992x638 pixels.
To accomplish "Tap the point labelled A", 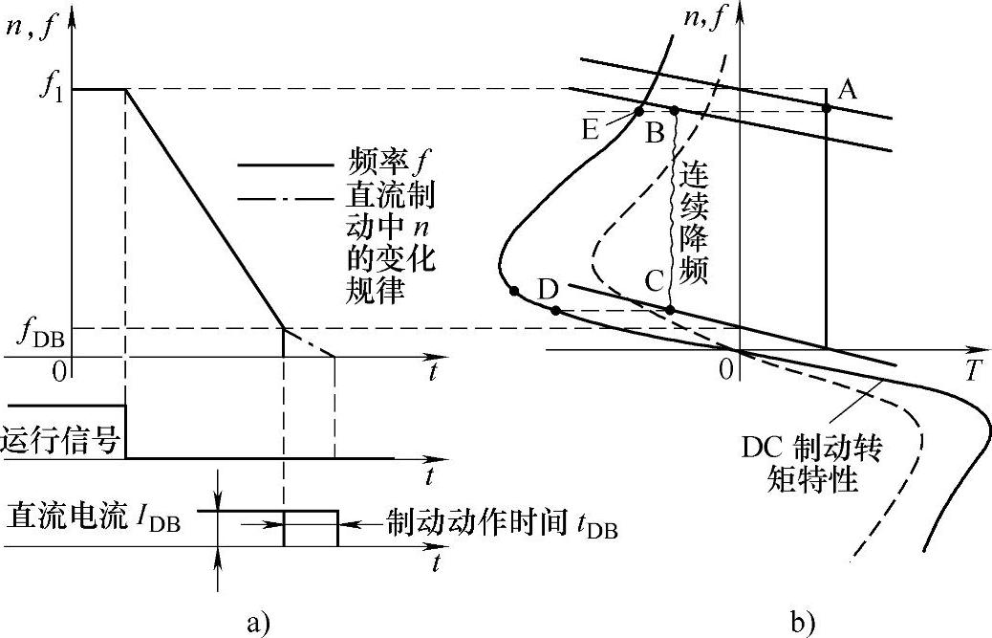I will point(827,108).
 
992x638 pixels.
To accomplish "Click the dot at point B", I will point(674,111).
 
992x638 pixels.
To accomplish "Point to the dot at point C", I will point(670,310).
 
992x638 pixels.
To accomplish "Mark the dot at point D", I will point(555,310).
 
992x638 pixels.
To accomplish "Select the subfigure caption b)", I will point(802,622).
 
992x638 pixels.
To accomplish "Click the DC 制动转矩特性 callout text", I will point(818,462).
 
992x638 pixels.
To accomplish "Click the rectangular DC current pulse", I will point(311,528).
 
